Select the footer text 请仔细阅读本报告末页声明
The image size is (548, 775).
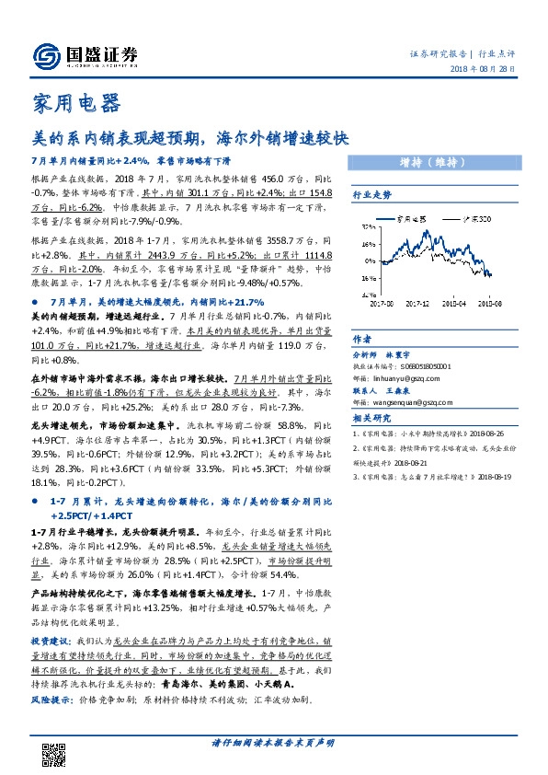(x=273, y=742)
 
